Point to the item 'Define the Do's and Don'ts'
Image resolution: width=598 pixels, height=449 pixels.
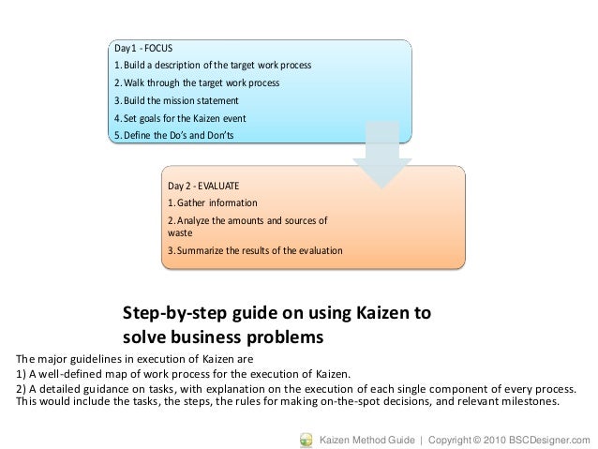(174, 136)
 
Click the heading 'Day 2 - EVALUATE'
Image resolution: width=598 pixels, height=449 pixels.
(204, 185)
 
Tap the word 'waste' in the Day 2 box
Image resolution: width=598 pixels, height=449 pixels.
(179, 233)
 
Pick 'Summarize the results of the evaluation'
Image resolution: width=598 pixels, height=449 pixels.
(254, 251)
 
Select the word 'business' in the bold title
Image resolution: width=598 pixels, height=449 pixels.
(211, 336)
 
